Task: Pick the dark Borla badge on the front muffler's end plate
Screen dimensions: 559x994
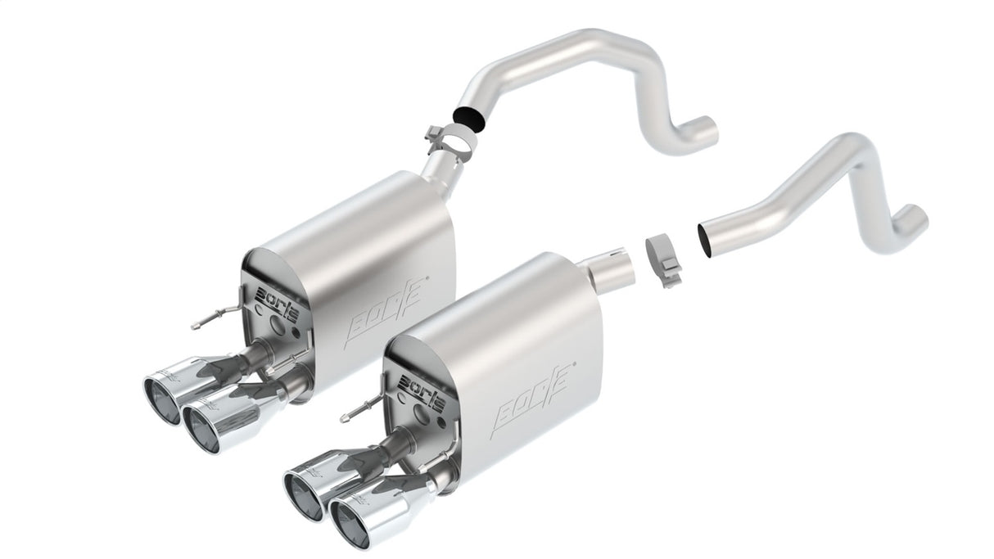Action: pos(422,380)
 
